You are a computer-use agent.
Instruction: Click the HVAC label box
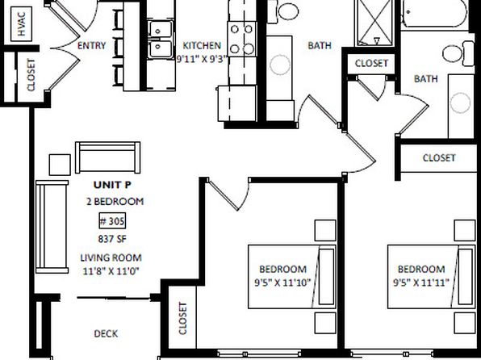point(21,24)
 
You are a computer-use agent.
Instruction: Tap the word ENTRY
point(91,46)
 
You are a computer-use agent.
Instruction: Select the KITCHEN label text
point(202,45)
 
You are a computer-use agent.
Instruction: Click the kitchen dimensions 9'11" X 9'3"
point(202,59)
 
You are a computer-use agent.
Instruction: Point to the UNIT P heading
point(112,185)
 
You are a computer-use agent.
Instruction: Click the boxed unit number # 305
point(112,221)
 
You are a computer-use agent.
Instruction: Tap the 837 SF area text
point(112,239)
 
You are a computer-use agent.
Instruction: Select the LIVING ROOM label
point(111,257)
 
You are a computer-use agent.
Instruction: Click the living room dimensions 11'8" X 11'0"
point(111,271)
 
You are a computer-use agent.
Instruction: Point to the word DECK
point(106,333)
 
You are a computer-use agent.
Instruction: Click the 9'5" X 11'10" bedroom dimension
point(282,283)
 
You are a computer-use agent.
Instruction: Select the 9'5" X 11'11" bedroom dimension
point(421,283)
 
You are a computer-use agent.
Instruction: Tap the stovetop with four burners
point(242,39)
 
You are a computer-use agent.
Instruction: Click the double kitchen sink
point(160,40)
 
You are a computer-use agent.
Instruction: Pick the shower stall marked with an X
point(374,23)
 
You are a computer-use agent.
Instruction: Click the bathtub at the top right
point(434,14)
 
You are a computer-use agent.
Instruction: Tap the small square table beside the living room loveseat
point(60,165)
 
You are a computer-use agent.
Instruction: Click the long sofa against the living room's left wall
point(52,227)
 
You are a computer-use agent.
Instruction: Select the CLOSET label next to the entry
point(31,75)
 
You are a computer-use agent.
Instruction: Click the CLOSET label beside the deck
point(182,318)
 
